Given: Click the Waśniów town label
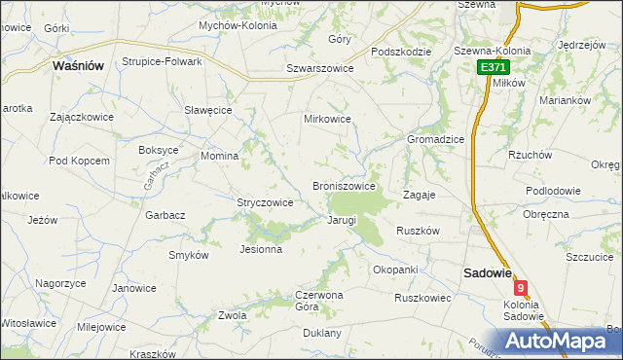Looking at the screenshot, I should click(79, 65).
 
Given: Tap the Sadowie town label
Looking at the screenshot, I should click(487, 273).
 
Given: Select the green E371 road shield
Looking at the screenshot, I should click(492, 67).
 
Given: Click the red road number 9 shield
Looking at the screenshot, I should click(523, 288).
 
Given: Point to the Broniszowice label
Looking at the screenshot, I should click(344, 186).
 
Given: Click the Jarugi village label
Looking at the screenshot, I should click(342, 221).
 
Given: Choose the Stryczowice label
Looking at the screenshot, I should click(265, 202).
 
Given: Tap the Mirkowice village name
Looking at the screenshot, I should click(327, 119).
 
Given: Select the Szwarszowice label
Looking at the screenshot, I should click(319, 68).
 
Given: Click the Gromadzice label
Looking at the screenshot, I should click(435, 139).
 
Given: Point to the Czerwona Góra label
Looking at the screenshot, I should click(320, 300).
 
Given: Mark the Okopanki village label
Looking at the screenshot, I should click(395, 269).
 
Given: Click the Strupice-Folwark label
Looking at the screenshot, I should click(162, 61).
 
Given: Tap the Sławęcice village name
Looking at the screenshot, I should click(207, 110).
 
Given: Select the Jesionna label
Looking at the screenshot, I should click(261, 249).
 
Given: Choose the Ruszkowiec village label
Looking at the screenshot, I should click(422, 298).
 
